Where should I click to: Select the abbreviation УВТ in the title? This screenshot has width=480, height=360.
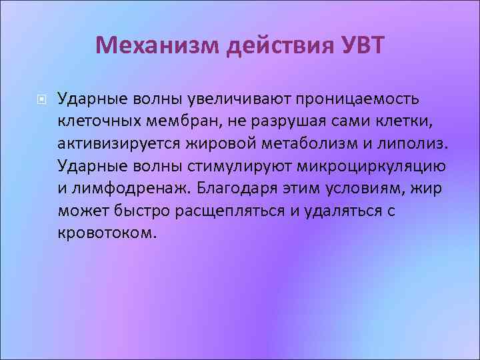(363, 45)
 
